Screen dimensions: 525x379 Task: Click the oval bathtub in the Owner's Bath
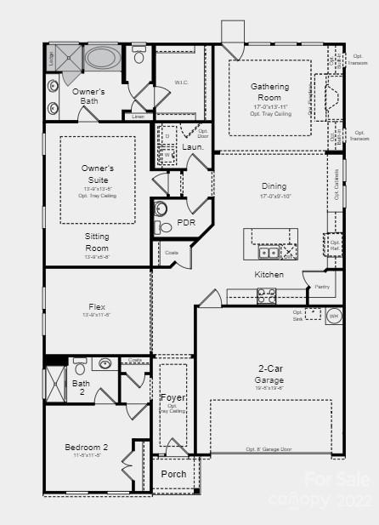coord(102,59)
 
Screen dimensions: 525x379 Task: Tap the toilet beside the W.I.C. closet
coord(139,57)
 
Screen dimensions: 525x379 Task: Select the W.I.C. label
coord(181,83)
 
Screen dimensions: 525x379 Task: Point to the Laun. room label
coord(193,147)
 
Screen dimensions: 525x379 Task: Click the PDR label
coord(186,222)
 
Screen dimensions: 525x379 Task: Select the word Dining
coord(274,185)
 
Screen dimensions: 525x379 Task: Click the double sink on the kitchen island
coord(269,252)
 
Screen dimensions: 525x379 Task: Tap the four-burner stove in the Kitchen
coord(267,296)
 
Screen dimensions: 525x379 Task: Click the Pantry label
coord(321,288)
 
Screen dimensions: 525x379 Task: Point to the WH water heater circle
coord(333,315)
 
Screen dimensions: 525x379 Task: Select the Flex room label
coord(97,306)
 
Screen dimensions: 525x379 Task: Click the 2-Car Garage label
coord(270,374)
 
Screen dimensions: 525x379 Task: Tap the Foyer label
coord(173,397)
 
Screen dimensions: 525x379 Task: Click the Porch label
coord(173,474)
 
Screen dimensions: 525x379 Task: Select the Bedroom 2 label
coord(87,447)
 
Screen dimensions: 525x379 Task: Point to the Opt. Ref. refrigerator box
coord(335,244)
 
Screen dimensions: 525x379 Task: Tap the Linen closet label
coord(139,117)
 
